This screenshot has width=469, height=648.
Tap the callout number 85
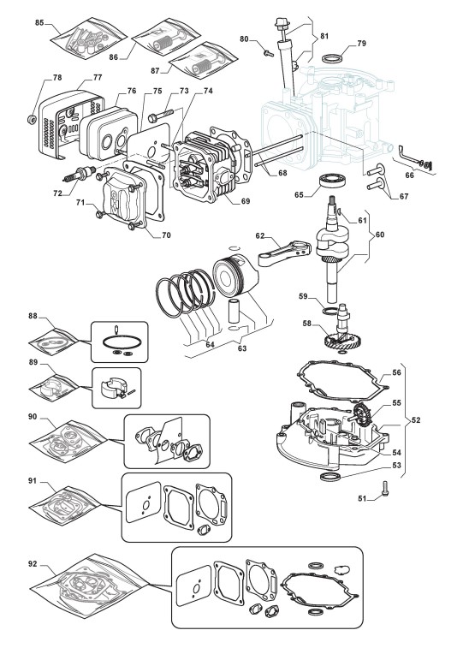tap(39, 23)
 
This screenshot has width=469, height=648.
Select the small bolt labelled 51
tap(385, 489)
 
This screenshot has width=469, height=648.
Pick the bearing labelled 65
tap(334, 183)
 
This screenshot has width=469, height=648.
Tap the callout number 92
tap(33, 564)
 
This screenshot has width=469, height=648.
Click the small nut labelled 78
tap(31, 120)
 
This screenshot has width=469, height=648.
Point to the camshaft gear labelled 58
tap(340, 335)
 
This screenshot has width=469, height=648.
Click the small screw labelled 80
tap(268, 53)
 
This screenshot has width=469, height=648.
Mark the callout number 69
tap(246, 201)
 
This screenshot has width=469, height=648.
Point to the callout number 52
tap(416, 420)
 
